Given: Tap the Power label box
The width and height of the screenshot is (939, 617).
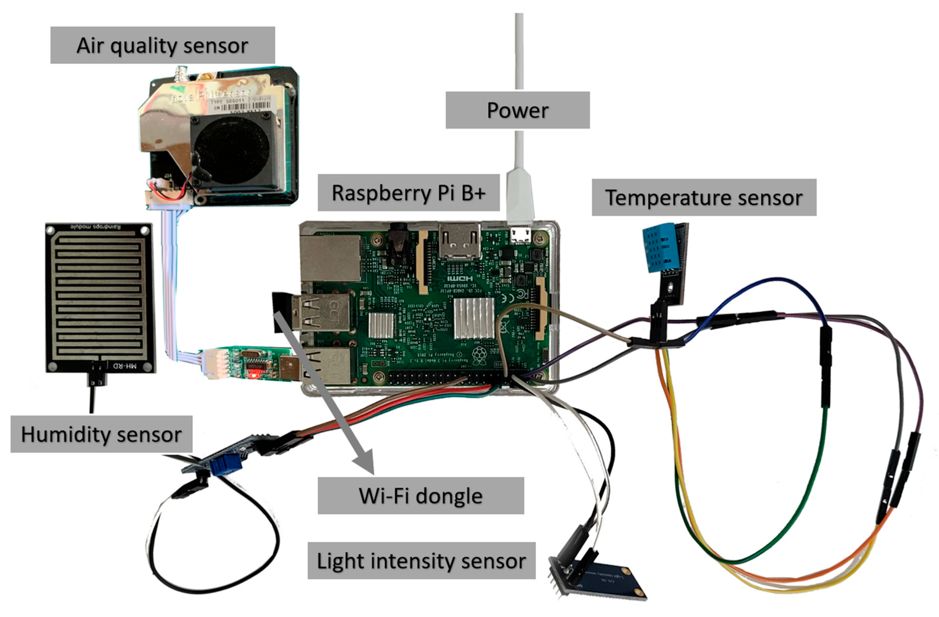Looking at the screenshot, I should tap(517, 110).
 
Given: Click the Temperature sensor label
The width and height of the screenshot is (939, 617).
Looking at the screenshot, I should tap(703, 197).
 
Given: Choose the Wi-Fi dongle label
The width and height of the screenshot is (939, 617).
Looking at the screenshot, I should tap(421, 496).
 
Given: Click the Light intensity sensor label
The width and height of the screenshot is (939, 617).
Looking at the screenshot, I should tap(421, 560).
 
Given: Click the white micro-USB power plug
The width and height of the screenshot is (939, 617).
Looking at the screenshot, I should tap(520, 197).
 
